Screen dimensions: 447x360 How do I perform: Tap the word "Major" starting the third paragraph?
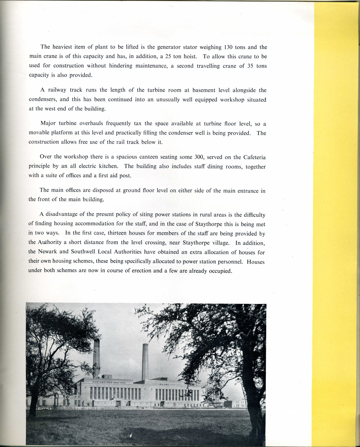pyautogui.click(x=48, y=123)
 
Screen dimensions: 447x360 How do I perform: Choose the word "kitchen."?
pyautogui.click(x=108, y=166)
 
